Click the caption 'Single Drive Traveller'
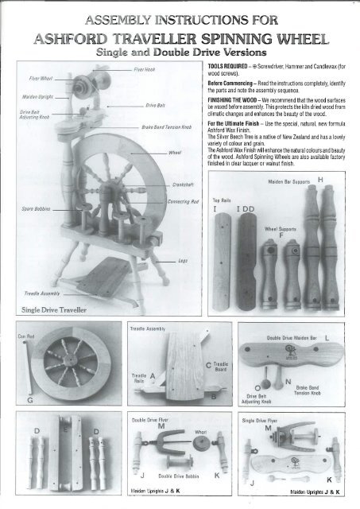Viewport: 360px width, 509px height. [x=54, y=308]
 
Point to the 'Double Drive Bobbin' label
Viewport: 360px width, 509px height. [x=189, y=476]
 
